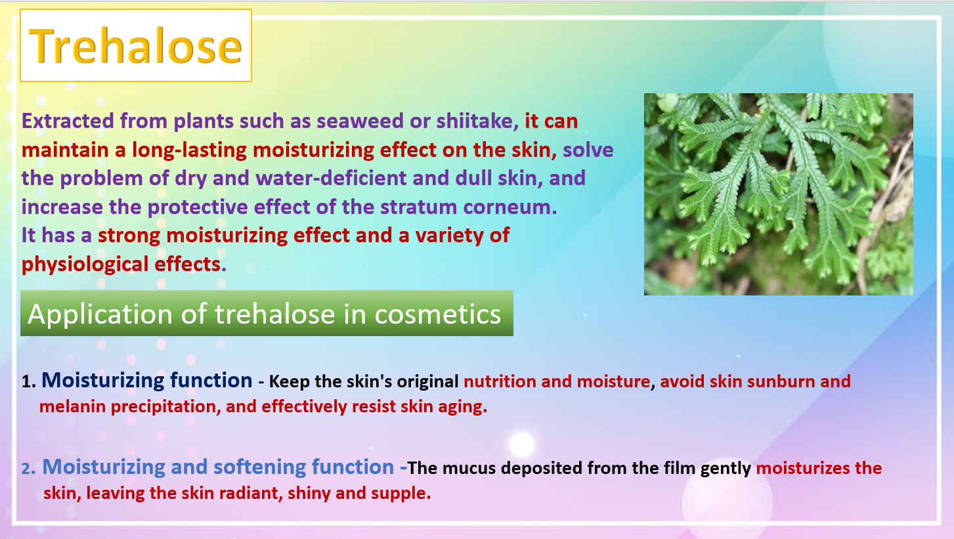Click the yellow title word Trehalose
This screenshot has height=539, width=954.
tap(136, 45)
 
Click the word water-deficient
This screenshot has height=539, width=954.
tap(331, 178)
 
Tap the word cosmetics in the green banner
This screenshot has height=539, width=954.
tap(437, 314)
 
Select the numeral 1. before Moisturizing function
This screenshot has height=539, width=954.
tap(28, 381)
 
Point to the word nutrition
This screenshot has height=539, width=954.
tap(500, 381)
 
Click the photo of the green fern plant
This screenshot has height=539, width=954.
tap(778, 194)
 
